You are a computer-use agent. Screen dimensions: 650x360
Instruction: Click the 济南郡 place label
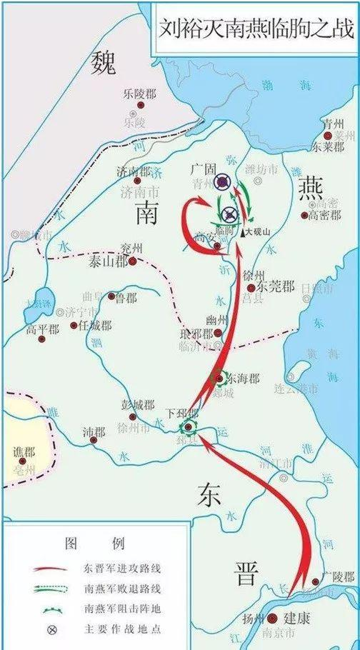click(134, 172)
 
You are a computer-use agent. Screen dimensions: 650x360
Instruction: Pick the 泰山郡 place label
click(106, 261)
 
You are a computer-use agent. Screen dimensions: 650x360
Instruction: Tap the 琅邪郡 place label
click(196, 333)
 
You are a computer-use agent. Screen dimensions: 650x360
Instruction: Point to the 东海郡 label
click(243, 377)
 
